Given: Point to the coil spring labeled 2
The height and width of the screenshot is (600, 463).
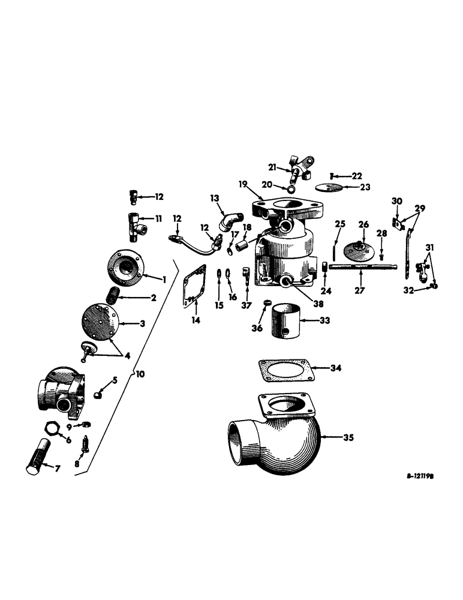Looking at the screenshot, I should (x=112, y=295).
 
